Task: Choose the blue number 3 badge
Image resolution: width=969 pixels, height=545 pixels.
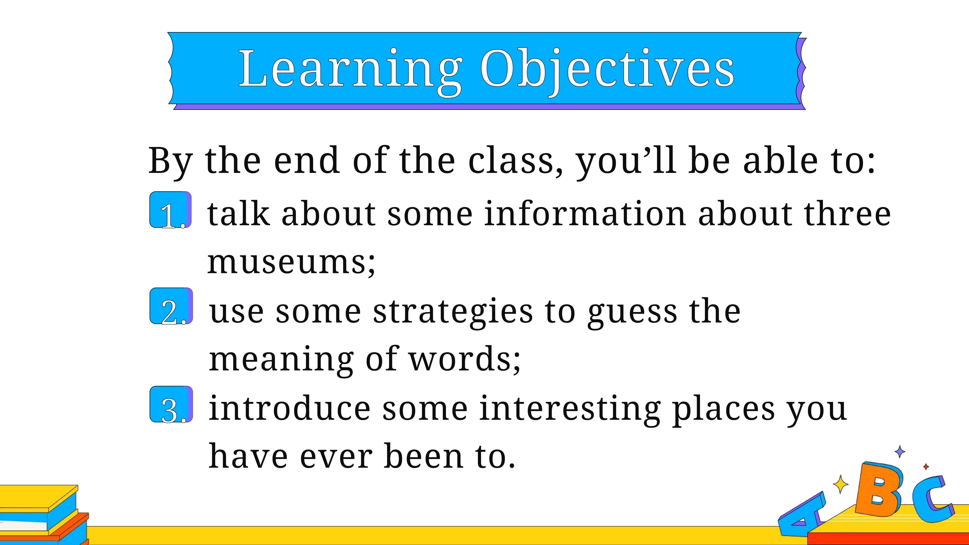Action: coord(171,404)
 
